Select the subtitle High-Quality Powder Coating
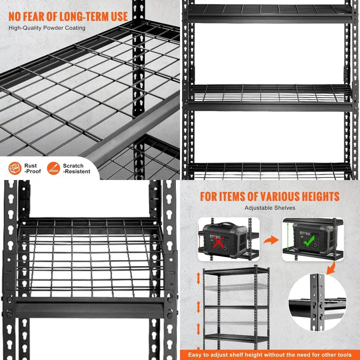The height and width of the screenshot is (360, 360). point(47,28)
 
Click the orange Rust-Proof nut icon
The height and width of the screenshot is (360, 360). point(15,168)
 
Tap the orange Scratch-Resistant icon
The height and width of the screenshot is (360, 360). point(54,168)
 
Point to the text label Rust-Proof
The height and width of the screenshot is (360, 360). point(32,168)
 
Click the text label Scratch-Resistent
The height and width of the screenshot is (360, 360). point(76,168)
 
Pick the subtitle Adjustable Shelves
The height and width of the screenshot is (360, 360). point(270,208)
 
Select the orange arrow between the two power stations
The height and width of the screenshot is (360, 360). point(271,240)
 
